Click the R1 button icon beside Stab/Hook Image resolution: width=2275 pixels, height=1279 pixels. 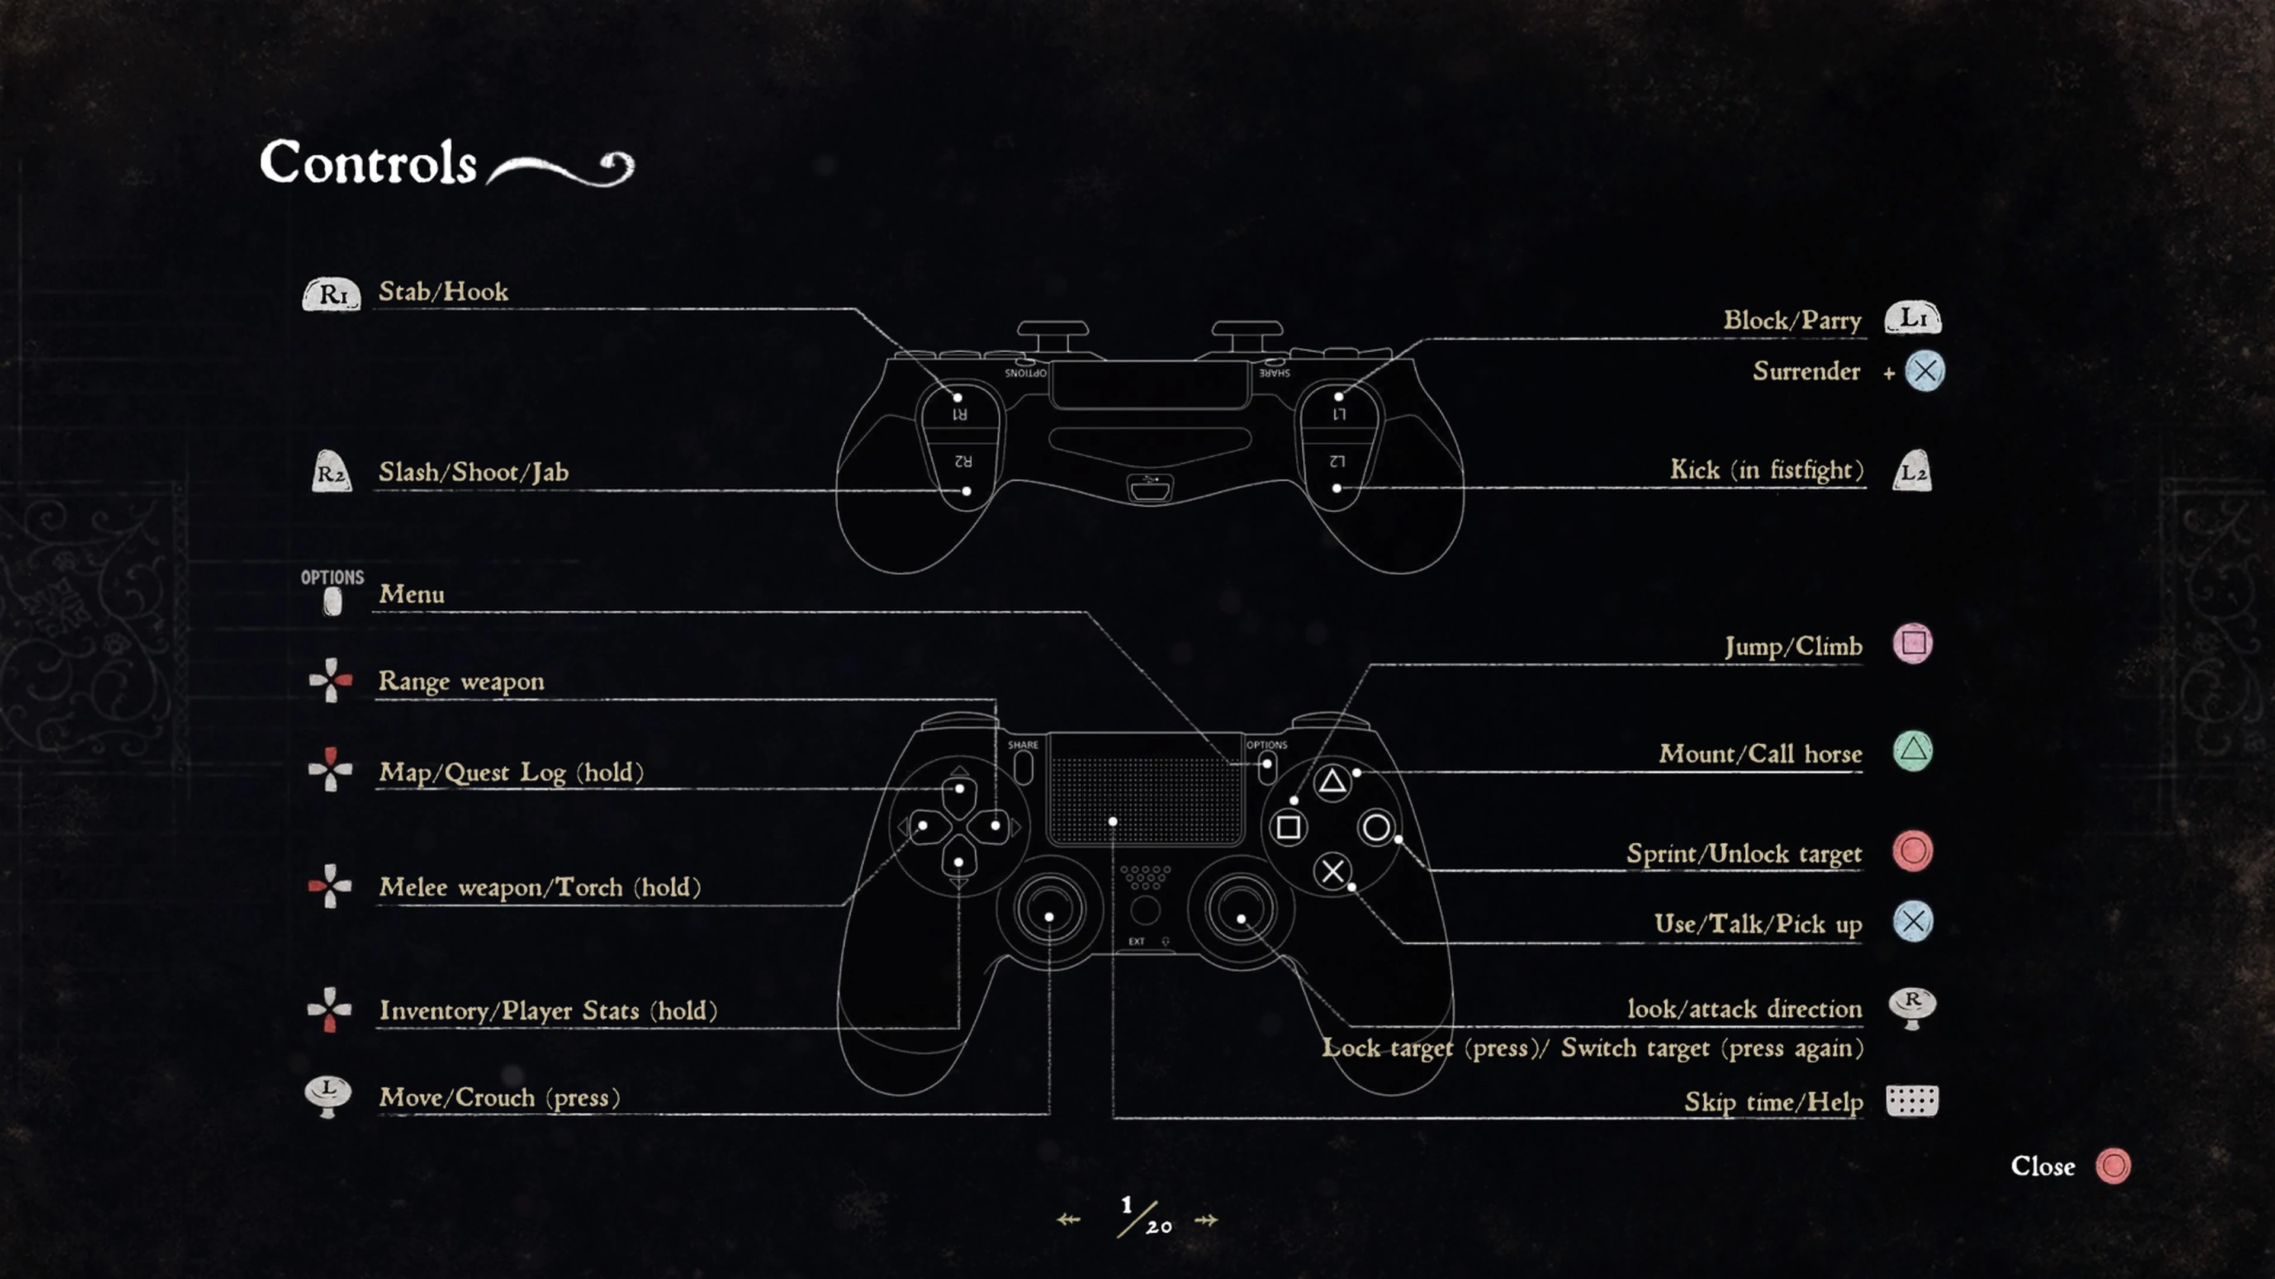click(331, 294)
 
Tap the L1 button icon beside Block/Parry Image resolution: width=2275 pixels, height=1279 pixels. click(1913, 319)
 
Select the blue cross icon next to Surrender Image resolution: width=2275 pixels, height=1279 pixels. click(1924, 371)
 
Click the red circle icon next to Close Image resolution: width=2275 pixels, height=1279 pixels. click(2113, 1166)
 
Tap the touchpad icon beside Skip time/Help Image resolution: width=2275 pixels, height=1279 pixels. click(1912, 1101)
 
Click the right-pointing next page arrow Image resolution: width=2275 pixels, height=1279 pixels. click(1206, 1220)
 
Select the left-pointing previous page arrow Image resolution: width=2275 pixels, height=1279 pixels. click(1069, 1220)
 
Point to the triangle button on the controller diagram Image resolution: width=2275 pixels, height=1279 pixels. click(1332, 781)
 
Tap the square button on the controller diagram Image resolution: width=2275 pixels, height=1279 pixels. click(1289, 827)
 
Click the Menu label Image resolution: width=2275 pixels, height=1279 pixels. click(412, 594)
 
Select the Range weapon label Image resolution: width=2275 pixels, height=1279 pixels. click(461, 682)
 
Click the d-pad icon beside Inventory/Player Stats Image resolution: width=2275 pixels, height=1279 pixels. click(329, 1009)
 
